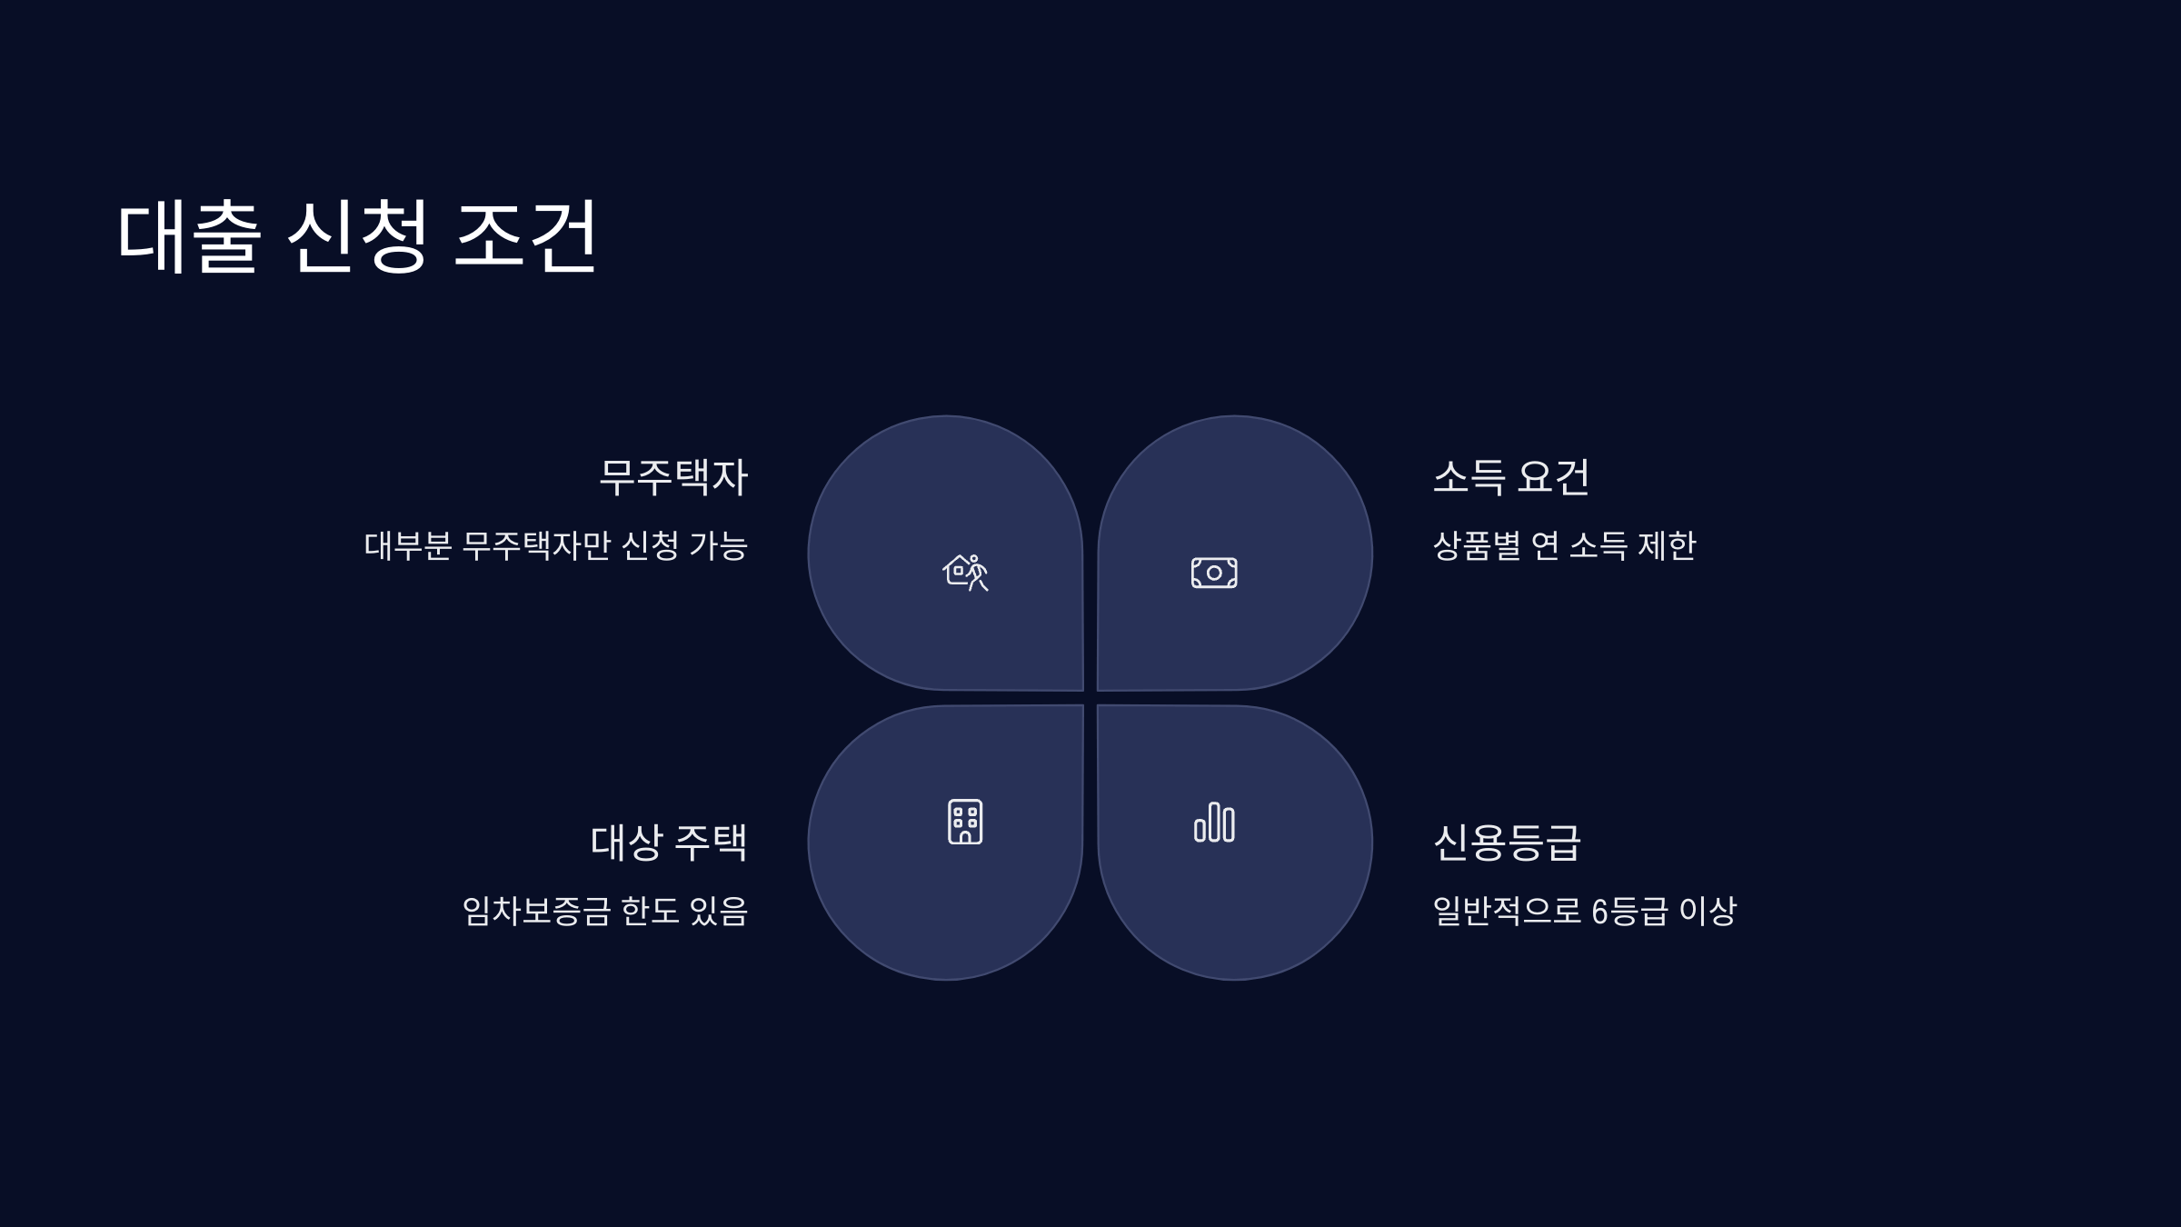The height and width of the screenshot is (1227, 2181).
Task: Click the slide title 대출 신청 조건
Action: (x=356, y=236)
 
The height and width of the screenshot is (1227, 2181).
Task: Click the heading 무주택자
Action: (x=672, y=477)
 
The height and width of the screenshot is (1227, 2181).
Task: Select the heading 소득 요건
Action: (x=1511, y=477)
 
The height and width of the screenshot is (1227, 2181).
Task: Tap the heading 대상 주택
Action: (x=668, y=843)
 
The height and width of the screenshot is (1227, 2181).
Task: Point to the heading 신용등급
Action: (x=1507, y=843)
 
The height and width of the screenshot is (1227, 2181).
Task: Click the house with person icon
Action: (x=965, y=573)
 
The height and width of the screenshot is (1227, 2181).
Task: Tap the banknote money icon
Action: (x=1214, y=573)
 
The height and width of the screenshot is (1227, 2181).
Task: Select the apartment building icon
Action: (x=965, y=822)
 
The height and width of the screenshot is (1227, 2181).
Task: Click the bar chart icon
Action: (x=1214, y=823)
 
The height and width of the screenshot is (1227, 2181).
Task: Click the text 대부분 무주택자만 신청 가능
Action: (x=555, y=546)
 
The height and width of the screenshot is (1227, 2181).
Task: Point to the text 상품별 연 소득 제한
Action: (x=1564, y=546)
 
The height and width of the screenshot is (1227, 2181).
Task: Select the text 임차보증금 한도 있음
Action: (x=604, y=911)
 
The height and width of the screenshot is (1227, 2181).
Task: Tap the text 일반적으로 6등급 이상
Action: (x=1584, y=911)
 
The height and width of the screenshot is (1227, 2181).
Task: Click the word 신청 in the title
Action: (x=357, y=236)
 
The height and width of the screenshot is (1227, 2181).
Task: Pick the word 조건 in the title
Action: (x=525, y=236)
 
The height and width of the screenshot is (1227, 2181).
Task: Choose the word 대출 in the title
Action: (x=189, y=236)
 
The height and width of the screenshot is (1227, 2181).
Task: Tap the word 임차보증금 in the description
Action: (x=536, y=911)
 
